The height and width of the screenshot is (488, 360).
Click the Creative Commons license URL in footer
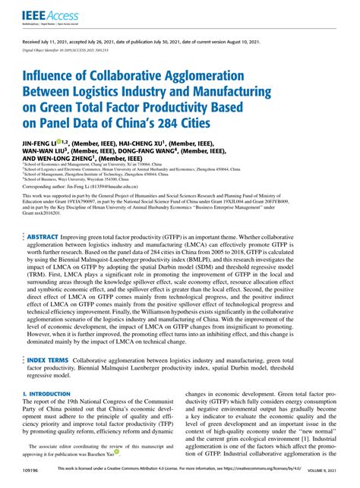pos(251,480)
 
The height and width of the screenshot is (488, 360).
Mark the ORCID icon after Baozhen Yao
pos(117,460)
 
